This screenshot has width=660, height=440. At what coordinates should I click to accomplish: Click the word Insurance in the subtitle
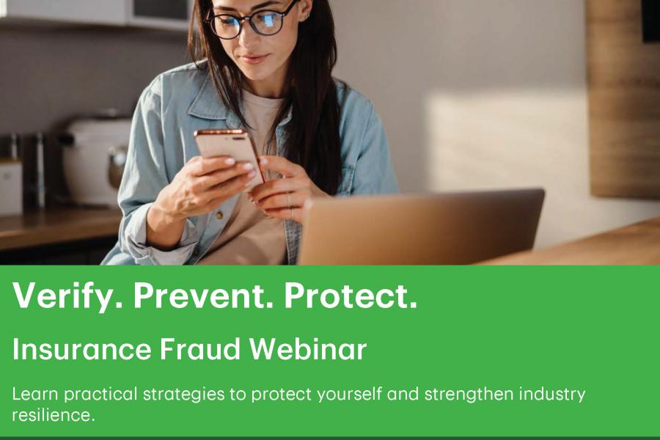pyautogui.click(x=81, y=350)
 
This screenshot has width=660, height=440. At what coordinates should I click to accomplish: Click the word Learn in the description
pyautogui.click(x=35, y=395)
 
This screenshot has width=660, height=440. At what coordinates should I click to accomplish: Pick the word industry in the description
pyautogui.click(x=552, y=395)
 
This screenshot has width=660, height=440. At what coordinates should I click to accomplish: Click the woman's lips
pyautogui.click(x=254, y=59)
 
